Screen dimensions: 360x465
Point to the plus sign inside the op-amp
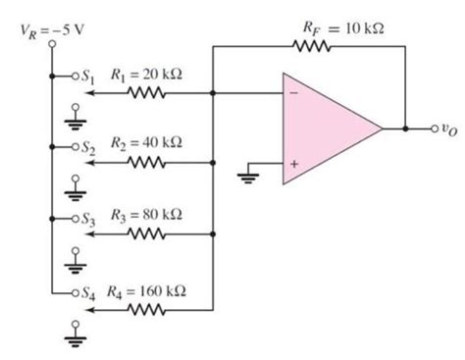(x=291, y=162)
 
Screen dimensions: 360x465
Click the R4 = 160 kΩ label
(x=147, y=290)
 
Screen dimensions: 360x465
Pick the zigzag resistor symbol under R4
(x=144, y=308)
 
